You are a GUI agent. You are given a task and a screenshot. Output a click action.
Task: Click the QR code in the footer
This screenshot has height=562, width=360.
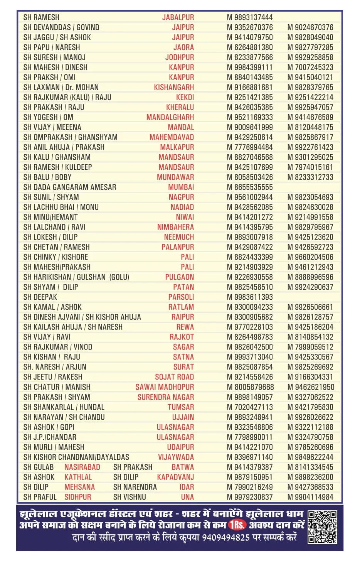(322, 527)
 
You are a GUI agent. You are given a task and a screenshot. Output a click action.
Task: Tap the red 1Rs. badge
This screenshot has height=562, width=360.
(237, 525)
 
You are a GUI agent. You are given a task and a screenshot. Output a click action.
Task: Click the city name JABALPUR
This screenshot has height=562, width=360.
(178, 17)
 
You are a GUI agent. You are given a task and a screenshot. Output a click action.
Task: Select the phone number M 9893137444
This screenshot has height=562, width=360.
(249, 17)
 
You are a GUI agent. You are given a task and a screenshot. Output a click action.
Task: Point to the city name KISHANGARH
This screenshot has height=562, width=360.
(174, 87)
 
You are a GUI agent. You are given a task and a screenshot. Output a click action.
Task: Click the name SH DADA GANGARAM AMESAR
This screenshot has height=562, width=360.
(69, 187)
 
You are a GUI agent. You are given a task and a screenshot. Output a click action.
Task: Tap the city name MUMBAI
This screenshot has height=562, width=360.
(181, 187)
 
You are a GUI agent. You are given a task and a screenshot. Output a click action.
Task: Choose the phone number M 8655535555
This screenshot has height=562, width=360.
(249, 187)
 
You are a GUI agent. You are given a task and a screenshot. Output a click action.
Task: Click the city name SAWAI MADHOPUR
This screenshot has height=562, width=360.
(165, 387)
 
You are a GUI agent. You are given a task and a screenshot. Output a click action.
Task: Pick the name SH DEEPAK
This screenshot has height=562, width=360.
(40, 297)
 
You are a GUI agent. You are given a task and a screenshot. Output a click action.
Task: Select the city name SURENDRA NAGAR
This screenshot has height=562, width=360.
(166, 397)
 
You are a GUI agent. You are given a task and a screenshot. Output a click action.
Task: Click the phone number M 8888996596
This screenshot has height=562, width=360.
(310, 277)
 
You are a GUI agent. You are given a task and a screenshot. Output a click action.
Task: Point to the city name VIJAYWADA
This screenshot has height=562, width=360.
(176, 457)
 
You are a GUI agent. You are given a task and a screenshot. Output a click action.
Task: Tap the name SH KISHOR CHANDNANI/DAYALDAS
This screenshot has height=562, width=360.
(76, 457)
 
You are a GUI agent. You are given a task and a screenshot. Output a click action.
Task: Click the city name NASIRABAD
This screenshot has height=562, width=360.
(82, 467)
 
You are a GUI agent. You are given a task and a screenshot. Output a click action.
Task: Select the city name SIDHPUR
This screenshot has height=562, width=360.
(78, 497)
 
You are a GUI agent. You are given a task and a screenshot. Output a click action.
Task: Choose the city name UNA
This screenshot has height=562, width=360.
(187, 497)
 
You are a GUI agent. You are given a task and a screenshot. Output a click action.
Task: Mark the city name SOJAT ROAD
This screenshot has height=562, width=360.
(174, 377)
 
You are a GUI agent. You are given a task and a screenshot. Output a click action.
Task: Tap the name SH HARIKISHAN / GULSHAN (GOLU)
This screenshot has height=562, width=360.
(76, 277)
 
